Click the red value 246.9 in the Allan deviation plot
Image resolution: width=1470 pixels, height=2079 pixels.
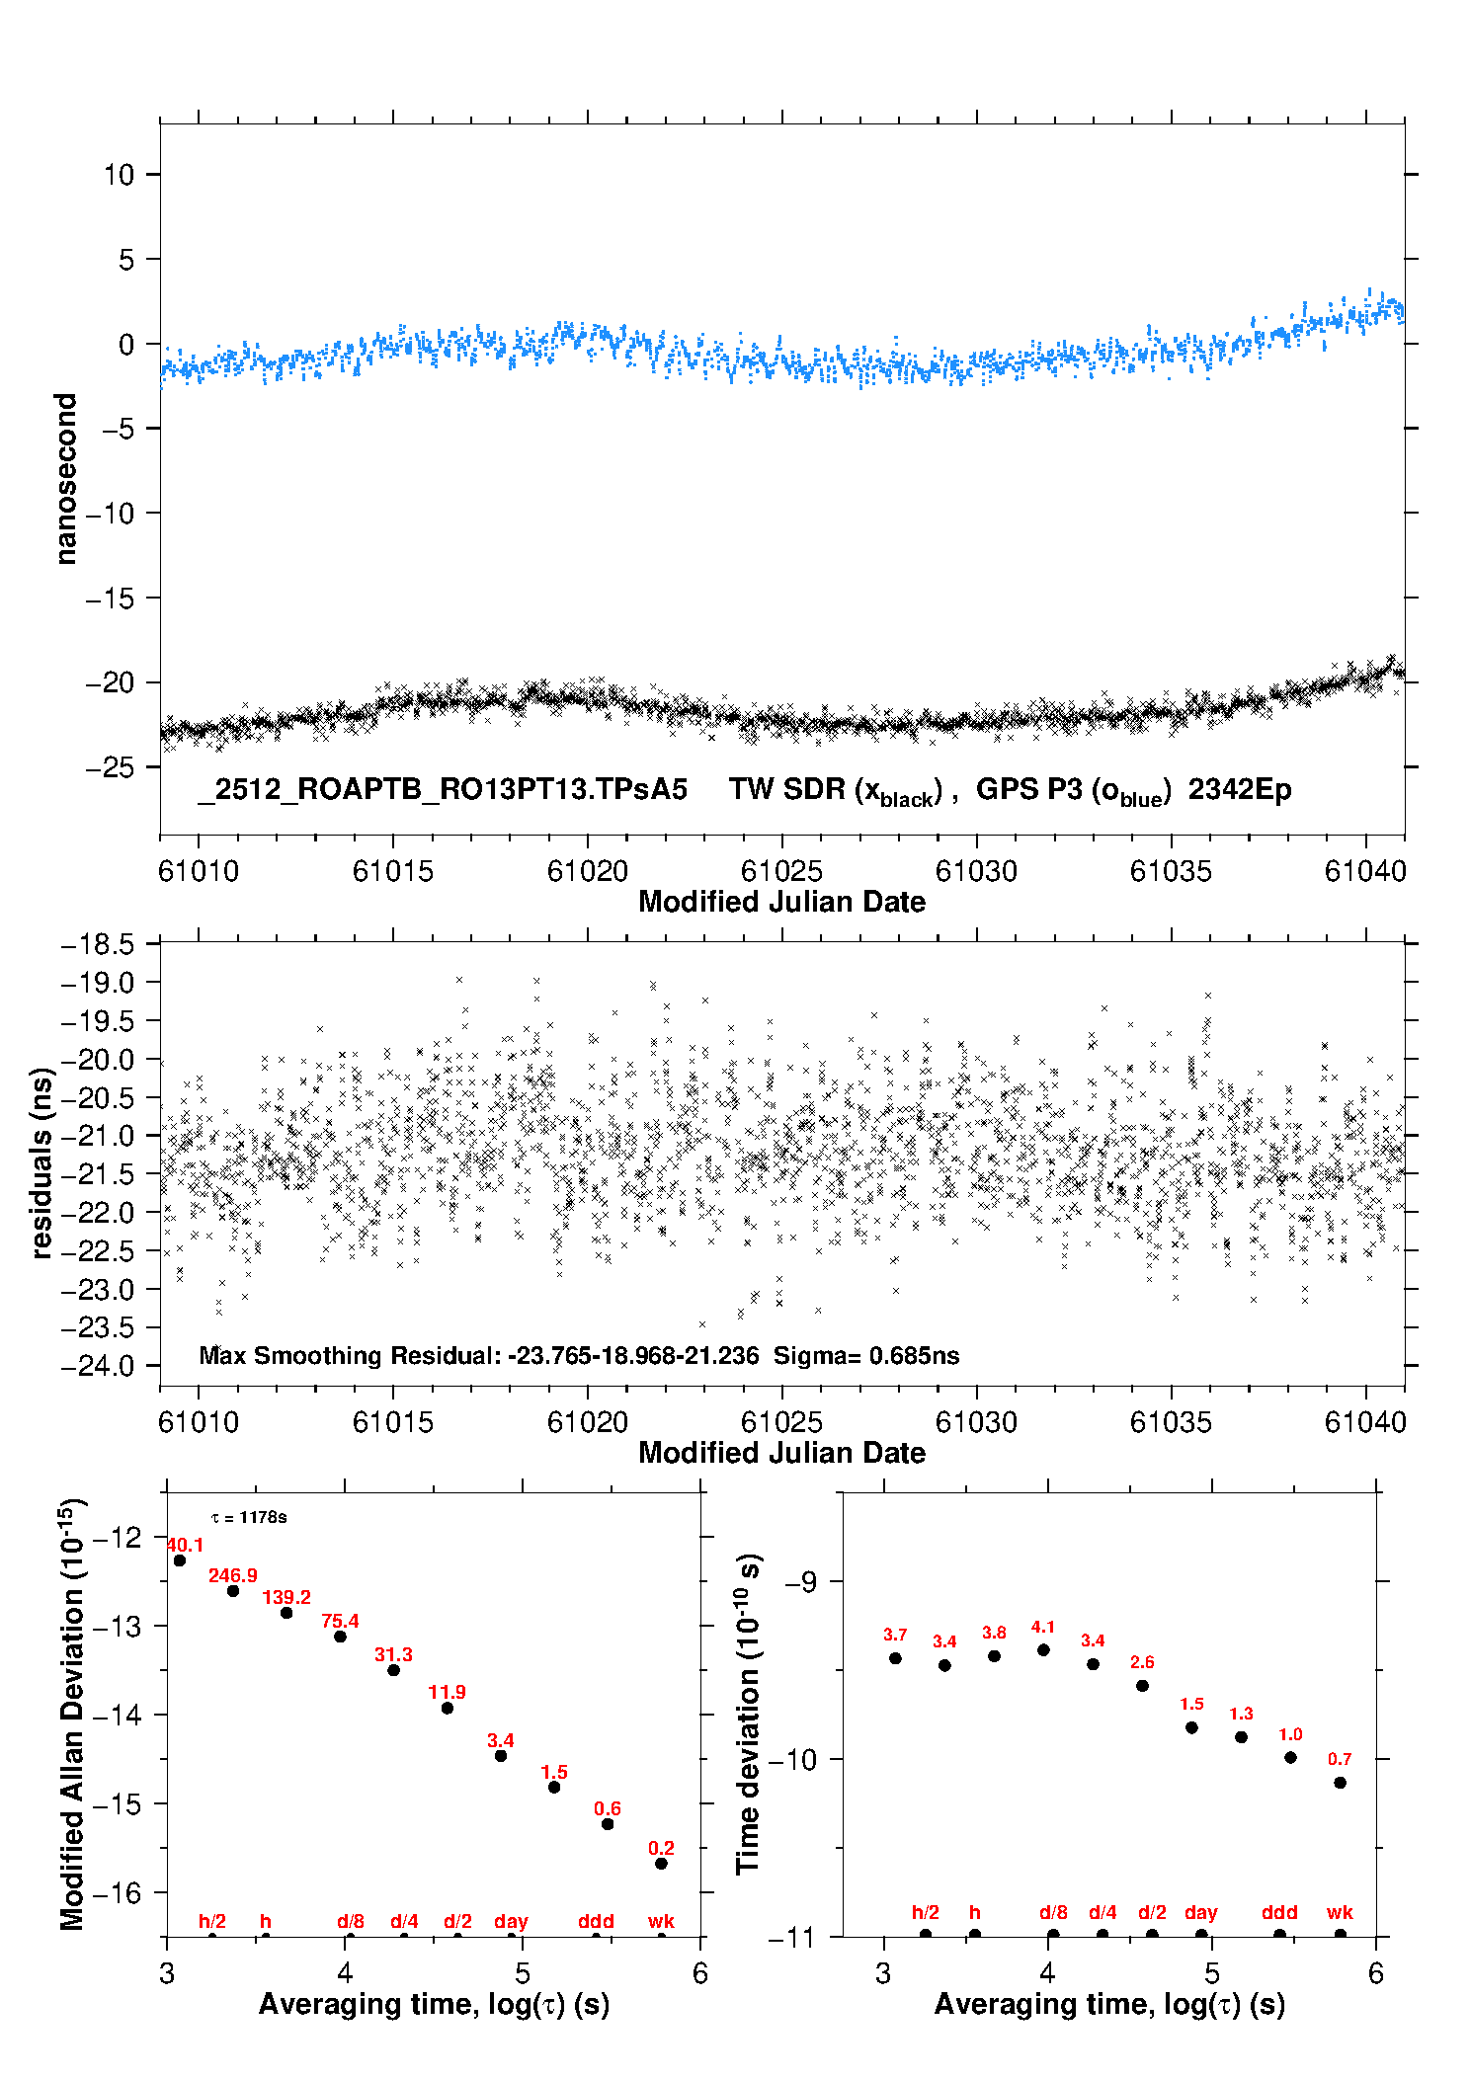(232, 1575)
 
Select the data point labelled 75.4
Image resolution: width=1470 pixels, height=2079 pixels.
(340, 1637)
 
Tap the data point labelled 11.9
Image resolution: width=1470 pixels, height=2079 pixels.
(447, 1708)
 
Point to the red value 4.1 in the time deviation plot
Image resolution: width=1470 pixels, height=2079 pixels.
(1043, 1627)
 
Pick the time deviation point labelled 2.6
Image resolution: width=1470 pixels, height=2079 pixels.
(1142, 1686)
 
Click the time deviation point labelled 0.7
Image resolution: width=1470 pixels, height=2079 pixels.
(1340, 1783)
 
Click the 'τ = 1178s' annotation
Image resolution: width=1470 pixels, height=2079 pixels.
(249, 1517)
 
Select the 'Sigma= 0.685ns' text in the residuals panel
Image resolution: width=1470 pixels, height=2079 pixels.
(866, 1355)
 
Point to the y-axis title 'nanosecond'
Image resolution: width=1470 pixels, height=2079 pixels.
(65, 479)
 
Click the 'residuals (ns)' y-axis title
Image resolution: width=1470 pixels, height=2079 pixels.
(41, 1162)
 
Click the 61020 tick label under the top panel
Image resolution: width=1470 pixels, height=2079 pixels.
(588, 871)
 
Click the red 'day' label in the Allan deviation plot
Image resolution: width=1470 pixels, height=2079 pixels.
(511, 1921)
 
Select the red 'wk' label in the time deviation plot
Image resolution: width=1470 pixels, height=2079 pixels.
(1340, 1912)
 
